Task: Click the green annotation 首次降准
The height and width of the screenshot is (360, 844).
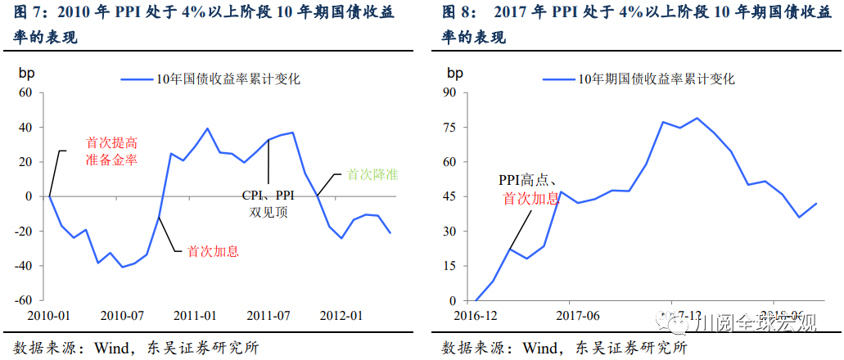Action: click(373, 174)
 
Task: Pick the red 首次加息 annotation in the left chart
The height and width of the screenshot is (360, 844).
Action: click(214, 251)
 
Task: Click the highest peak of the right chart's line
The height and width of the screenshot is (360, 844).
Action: click(697, 118)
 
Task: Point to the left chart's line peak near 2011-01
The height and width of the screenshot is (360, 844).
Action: click(207, 128)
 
